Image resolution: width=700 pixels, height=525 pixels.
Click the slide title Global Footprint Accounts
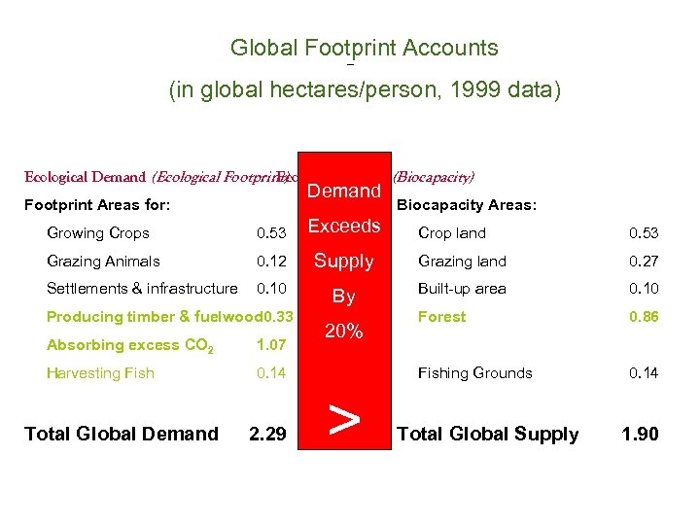click(x=364, y=48)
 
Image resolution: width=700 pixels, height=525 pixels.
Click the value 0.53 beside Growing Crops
click(x=271, y=233)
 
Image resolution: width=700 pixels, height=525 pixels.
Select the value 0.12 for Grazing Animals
click(x=271, y=261)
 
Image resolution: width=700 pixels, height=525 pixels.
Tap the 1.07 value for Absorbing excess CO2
click(x=271, y=344)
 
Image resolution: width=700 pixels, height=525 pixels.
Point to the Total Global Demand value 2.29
click(x=268, y=434)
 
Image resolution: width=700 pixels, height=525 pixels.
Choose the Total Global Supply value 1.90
click(x=641, y=434)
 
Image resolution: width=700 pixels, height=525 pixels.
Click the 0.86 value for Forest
click(x=644, y=317)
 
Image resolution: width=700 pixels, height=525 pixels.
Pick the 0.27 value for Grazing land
click(x=644, y=261)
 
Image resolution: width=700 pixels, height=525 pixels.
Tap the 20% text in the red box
click(x=344, y=332)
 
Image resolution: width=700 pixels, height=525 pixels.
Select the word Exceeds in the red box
click(x=344, y=227)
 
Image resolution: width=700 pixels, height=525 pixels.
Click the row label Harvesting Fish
click(x=100, y=372)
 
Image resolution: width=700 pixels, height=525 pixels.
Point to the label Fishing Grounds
click(x=474, y=372)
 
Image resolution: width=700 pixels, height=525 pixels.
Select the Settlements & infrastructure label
click(x=142, y=288)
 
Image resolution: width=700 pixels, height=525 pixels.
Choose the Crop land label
click(x=451, y=233)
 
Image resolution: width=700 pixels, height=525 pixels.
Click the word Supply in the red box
click(x=344, y=262)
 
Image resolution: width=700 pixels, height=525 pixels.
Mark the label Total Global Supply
click(x=487, y=434)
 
